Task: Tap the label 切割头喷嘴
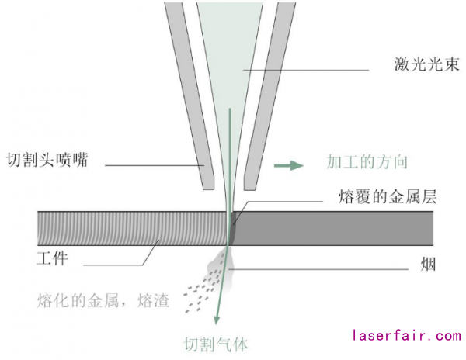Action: click(x=46, y=161)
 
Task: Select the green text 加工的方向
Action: click(x=367, y=162)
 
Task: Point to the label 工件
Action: click(x=52, y=258)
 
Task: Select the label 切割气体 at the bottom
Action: click(x=215, y=342)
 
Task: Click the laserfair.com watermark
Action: click(x=406, y=336)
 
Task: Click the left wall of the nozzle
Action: click(x=191, y=93)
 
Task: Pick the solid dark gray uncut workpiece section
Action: click(x=334, y=227)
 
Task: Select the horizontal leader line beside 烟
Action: click(x=326, y=268)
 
